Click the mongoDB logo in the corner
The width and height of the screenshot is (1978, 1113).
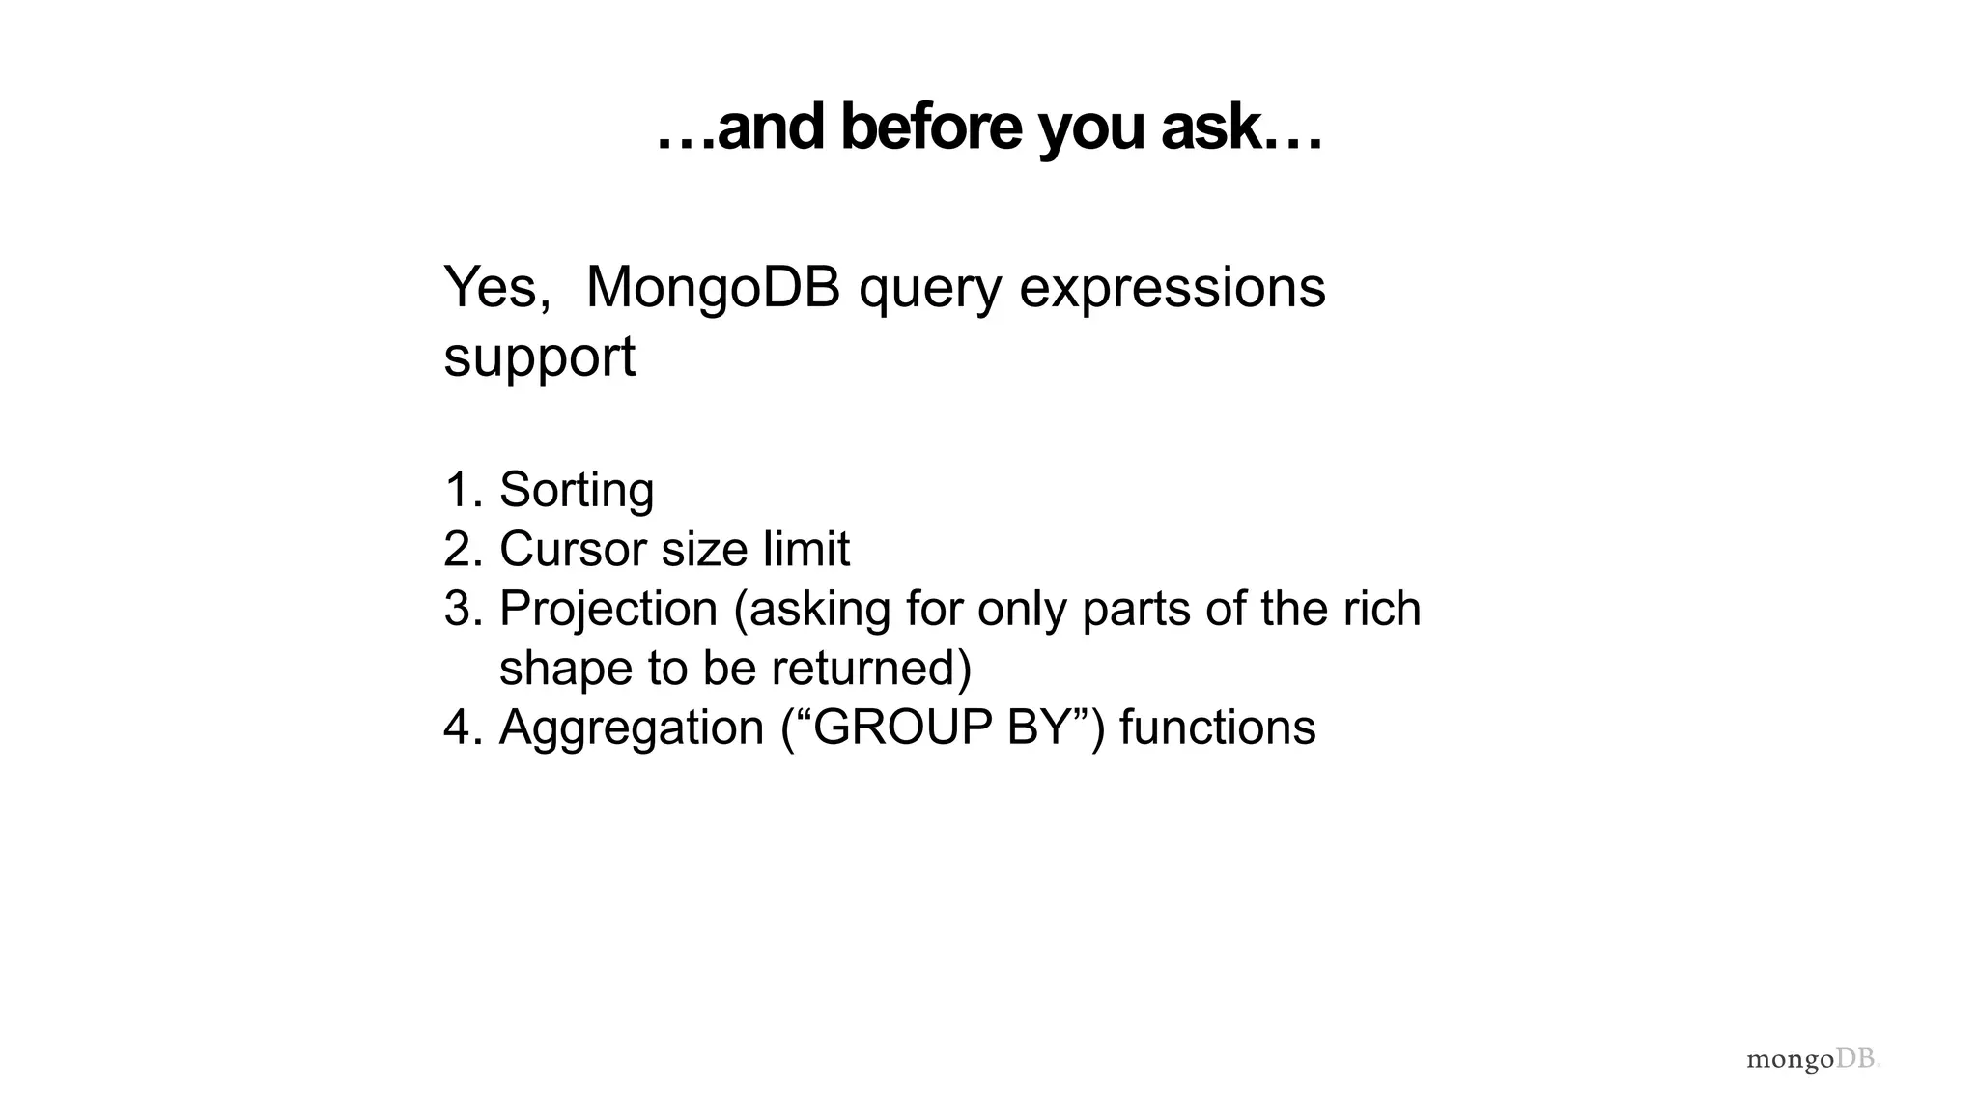pos(1812,1059)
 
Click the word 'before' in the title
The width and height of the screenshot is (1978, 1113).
pos(930,128)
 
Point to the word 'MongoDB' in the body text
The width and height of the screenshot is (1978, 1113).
pos(713,287)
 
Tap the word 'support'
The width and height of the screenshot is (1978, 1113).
pos(539,357)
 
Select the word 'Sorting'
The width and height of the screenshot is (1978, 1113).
pos(577,491)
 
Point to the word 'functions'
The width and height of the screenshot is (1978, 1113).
pos(1217,728)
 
